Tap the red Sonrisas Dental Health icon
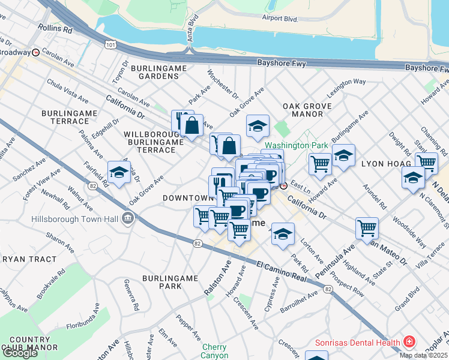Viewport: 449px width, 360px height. [409, 343]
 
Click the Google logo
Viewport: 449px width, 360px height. [20, 353]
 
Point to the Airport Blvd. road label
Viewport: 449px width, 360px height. [280, 19]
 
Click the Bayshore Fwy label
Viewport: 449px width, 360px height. [282, 62]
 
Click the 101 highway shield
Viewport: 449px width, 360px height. [110, 44]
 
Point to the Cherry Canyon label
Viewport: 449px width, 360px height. [214, 352]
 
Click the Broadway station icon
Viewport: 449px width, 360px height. [36, 52]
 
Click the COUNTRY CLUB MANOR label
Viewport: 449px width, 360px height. [29, 343]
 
